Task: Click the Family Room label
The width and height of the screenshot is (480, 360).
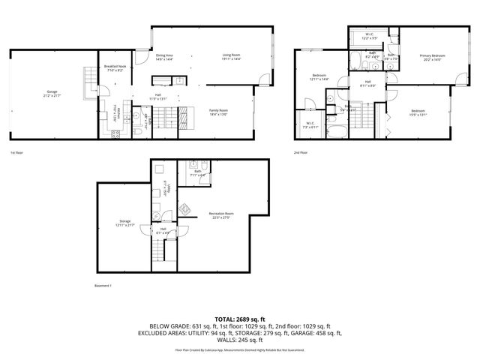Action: [218, 112]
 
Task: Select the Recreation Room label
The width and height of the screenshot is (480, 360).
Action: [221, 215]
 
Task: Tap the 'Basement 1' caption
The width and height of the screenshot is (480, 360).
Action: [103, 286]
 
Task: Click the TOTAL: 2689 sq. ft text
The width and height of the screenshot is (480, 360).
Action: [239, 319]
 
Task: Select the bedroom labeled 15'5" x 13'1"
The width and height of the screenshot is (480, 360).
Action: [417, 113]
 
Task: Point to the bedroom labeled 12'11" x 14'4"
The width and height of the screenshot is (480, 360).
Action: [319, 78]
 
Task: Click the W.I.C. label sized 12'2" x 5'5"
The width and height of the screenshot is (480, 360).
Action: [370, 36]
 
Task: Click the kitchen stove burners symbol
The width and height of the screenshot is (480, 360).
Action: [115, 134]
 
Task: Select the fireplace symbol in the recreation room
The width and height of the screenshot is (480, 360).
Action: [187, 206]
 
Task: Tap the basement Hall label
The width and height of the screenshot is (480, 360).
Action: [163, 231]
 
